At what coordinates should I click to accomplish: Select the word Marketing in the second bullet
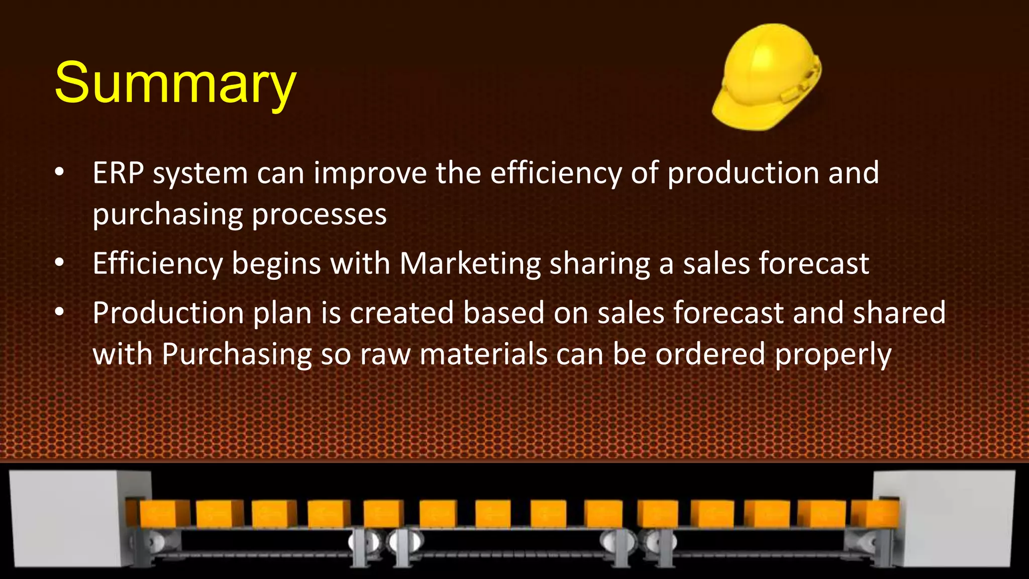(470, 264)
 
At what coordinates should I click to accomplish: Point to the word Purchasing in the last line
(237, 355)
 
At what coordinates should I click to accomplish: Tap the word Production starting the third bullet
(168, 313)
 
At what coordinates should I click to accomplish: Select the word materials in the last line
(483, 354)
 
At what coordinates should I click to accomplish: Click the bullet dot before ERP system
(60, 172)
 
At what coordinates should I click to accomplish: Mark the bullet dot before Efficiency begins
(60, 262)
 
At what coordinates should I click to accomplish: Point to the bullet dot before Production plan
(60, 312)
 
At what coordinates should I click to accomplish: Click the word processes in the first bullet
(319, 215)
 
